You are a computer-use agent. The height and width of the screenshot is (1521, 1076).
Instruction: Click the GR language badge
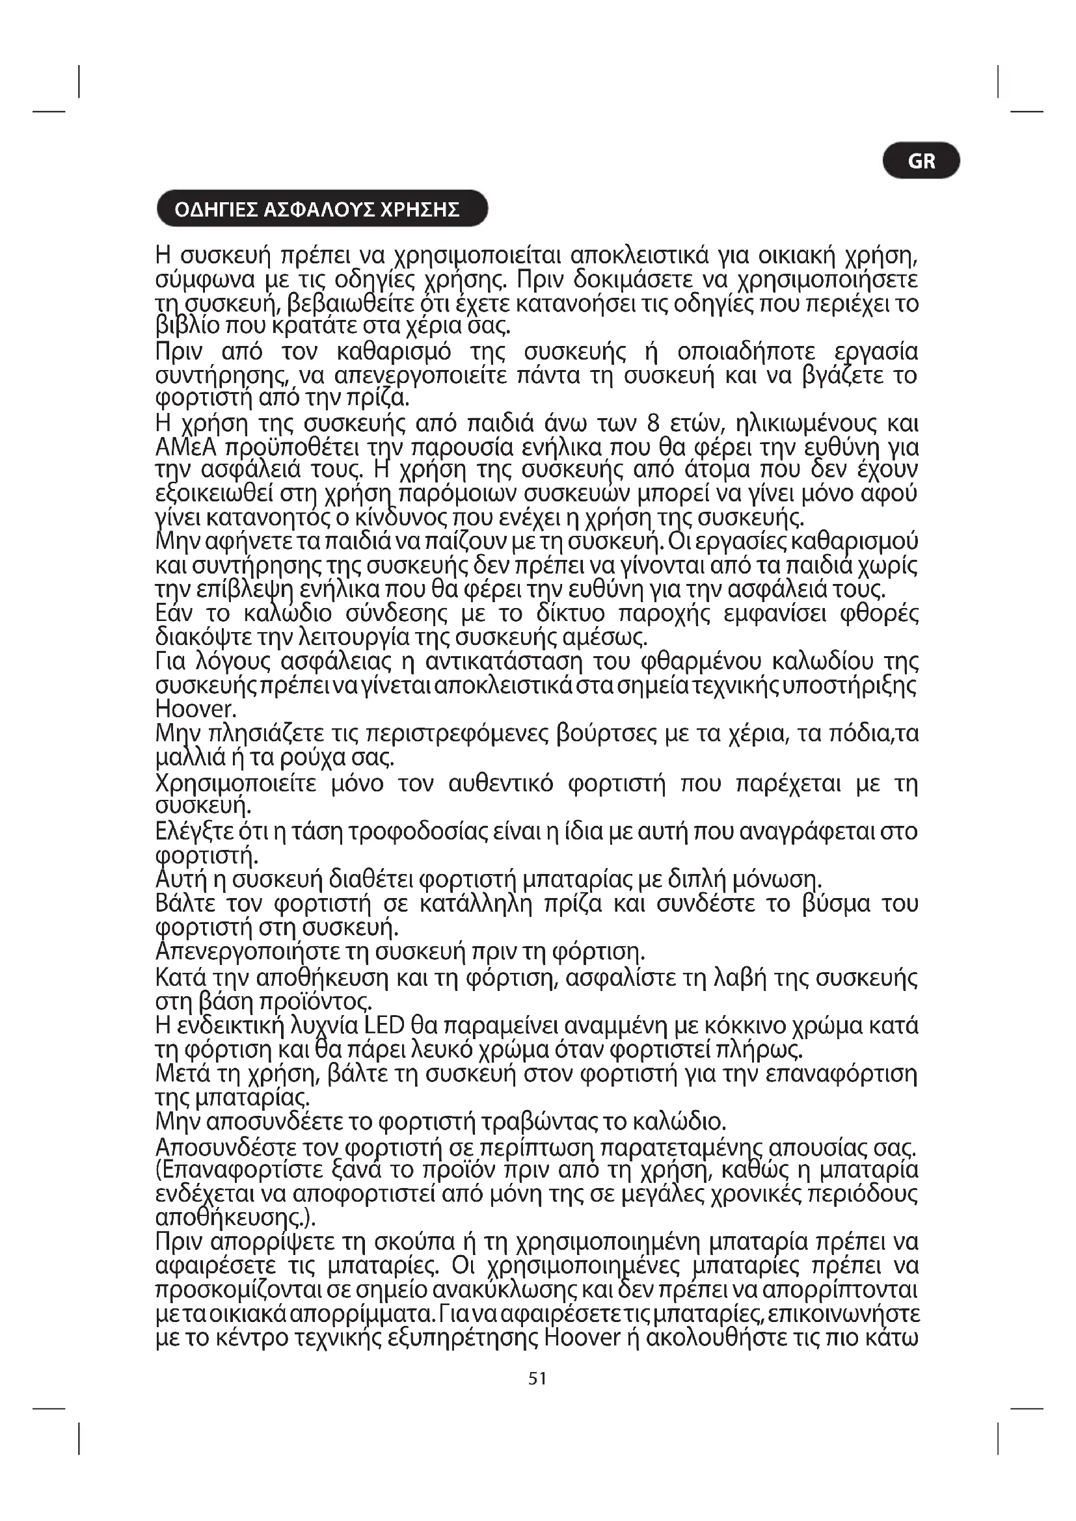921,161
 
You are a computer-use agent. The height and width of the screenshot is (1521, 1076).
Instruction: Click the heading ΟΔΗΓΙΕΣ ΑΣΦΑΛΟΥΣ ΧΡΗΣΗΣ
317,209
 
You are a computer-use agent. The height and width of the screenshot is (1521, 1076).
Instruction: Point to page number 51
537,1379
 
